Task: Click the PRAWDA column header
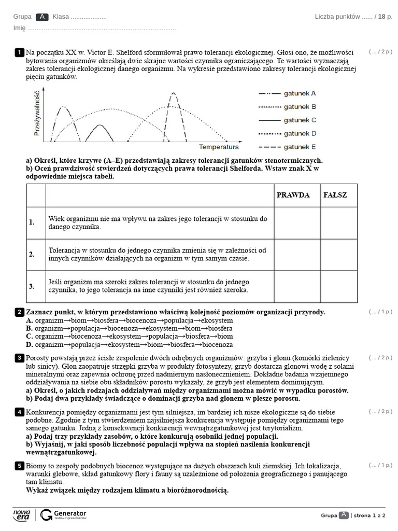tap(293, 195)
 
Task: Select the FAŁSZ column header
tap(335, 195)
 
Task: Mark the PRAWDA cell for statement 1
tap(297, 223)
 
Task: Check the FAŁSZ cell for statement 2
tap(338, 255)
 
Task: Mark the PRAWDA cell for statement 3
tap(297, 286)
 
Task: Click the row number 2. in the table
tap(32, 255)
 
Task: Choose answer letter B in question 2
tap(30, 328)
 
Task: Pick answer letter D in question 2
tap(30, 344)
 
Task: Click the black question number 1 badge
tap(19, 52)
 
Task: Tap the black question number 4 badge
tap(19, 412)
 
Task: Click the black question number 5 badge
tap(19, 466)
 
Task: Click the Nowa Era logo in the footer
tap(21, 514)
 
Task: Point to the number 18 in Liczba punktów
tap(381, 17)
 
